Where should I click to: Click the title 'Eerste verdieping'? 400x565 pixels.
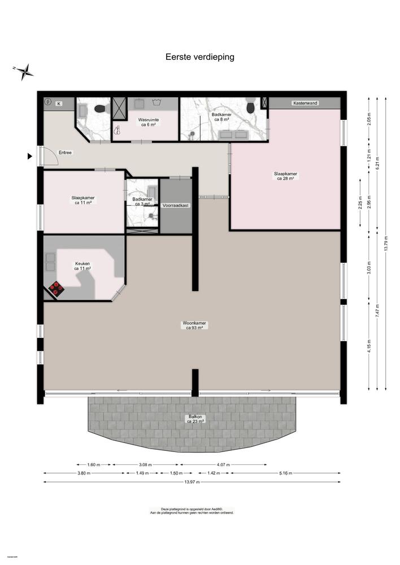(x=199, y=56)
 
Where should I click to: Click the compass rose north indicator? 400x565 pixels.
(x=24, y=71)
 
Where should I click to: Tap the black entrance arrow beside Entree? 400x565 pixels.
(x=30, y=157)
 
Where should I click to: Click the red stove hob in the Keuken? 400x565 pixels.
(x=56, y=288)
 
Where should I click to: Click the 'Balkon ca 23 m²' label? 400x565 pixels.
(x=196, y=419)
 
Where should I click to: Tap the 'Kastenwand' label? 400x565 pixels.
(x=304, y=103)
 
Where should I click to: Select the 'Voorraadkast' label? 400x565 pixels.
(x=175, y=206)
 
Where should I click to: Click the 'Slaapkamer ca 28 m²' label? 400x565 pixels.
(x=286, y=176)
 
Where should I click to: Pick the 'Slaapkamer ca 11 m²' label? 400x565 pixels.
(x=83, y=200)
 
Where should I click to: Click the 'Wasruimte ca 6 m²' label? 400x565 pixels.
(x=149, y=122)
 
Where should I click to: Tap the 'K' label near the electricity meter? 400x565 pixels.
(x=58, y=103)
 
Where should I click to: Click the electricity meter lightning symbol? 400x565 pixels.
(x=48, y=102)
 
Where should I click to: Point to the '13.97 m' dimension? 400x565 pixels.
(x=192, y=482)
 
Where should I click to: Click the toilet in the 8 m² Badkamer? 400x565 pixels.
(x=250, y=106)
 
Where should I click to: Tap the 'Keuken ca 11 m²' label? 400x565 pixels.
(x=83, y=266)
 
